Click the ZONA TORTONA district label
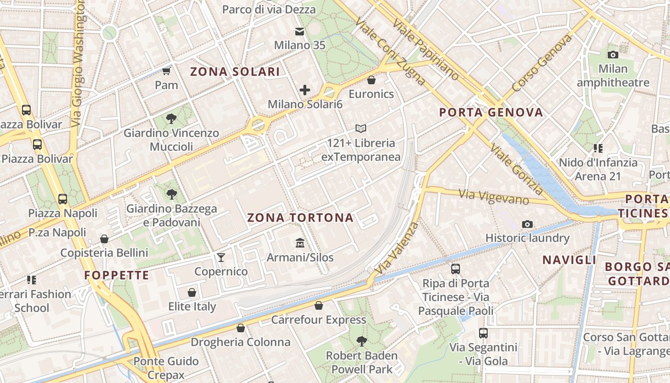[300, 218]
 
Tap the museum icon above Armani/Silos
[300, 243]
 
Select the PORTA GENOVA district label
[491, 113]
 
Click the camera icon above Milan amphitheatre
[613, 55]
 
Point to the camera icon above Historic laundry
[527, 224]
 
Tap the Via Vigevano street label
[494, 196]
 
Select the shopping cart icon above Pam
[166, 71]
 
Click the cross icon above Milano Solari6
[305, 90]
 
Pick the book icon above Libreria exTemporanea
[361, 128]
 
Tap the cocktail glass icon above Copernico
[221, 258]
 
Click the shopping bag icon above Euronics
[371, 79]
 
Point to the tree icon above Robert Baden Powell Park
[361, 341]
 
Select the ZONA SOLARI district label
[235, 72]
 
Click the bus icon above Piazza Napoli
[62, 199]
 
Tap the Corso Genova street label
[542, 63]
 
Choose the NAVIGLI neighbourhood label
[569, 260]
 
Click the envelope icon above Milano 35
[300, 32]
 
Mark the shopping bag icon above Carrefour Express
[319, 305]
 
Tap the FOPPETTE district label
[117, 275]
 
